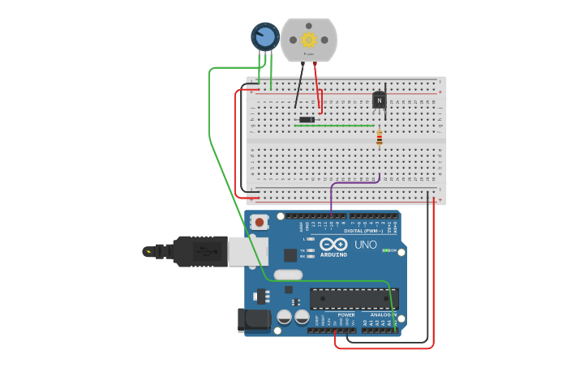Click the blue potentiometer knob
click(264, 36)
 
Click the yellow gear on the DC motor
click(308, 40)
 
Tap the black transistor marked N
click(379, 100)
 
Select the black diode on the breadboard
click(307, 120)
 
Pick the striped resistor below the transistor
click(379, 139)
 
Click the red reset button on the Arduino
click(259, 221)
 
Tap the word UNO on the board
click(366, 245)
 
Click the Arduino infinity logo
click(333, 244)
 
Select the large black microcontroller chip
click(354, 298)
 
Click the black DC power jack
click(254, 320)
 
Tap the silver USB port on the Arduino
click(247, 251)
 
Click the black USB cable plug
click(200, 251)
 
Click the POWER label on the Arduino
click(346, 314)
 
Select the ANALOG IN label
click(384, 314)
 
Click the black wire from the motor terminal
click(299, 85)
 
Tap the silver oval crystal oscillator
click(288, 275)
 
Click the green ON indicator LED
click(386, 250)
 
